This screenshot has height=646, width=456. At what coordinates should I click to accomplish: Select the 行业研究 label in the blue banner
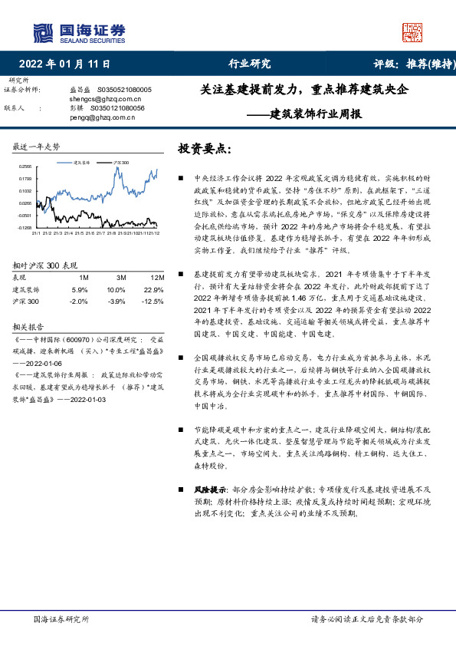tap(250, 64)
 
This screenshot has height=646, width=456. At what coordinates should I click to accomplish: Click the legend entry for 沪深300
tap(120, 163)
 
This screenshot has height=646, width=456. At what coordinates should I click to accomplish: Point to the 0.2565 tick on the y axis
tap(25, 166)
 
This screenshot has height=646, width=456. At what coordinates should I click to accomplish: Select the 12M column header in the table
tap(157, 277)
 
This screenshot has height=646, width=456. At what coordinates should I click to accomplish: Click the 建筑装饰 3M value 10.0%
tap(116, 290)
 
